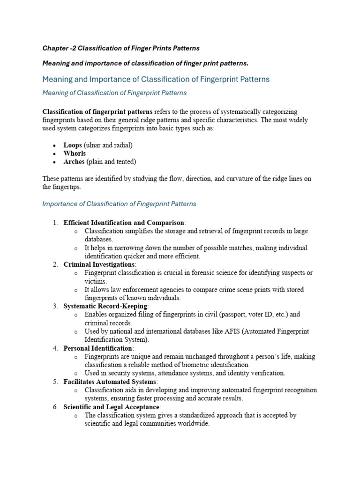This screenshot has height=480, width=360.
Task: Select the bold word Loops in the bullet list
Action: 73,145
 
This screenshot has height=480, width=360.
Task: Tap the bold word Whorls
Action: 75,153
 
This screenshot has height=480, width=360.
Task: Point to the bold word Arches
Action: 74,162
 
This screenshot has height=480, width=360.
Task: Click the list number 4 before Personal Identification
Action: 55,348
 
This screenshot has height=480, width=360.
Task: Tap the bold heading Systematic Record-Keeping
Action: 105,306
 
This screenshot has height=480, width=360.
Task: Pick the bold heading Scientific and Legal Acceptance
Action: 112,407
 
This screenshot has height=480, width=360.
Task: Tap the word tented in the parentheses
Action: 124,162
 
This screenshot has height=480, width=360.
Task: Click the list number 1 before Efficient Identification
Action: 55,223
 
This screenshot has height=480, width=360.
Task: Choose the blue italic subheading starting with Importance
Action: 119,204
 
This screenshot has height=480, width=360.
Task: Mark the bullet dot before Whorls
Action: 55,154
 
